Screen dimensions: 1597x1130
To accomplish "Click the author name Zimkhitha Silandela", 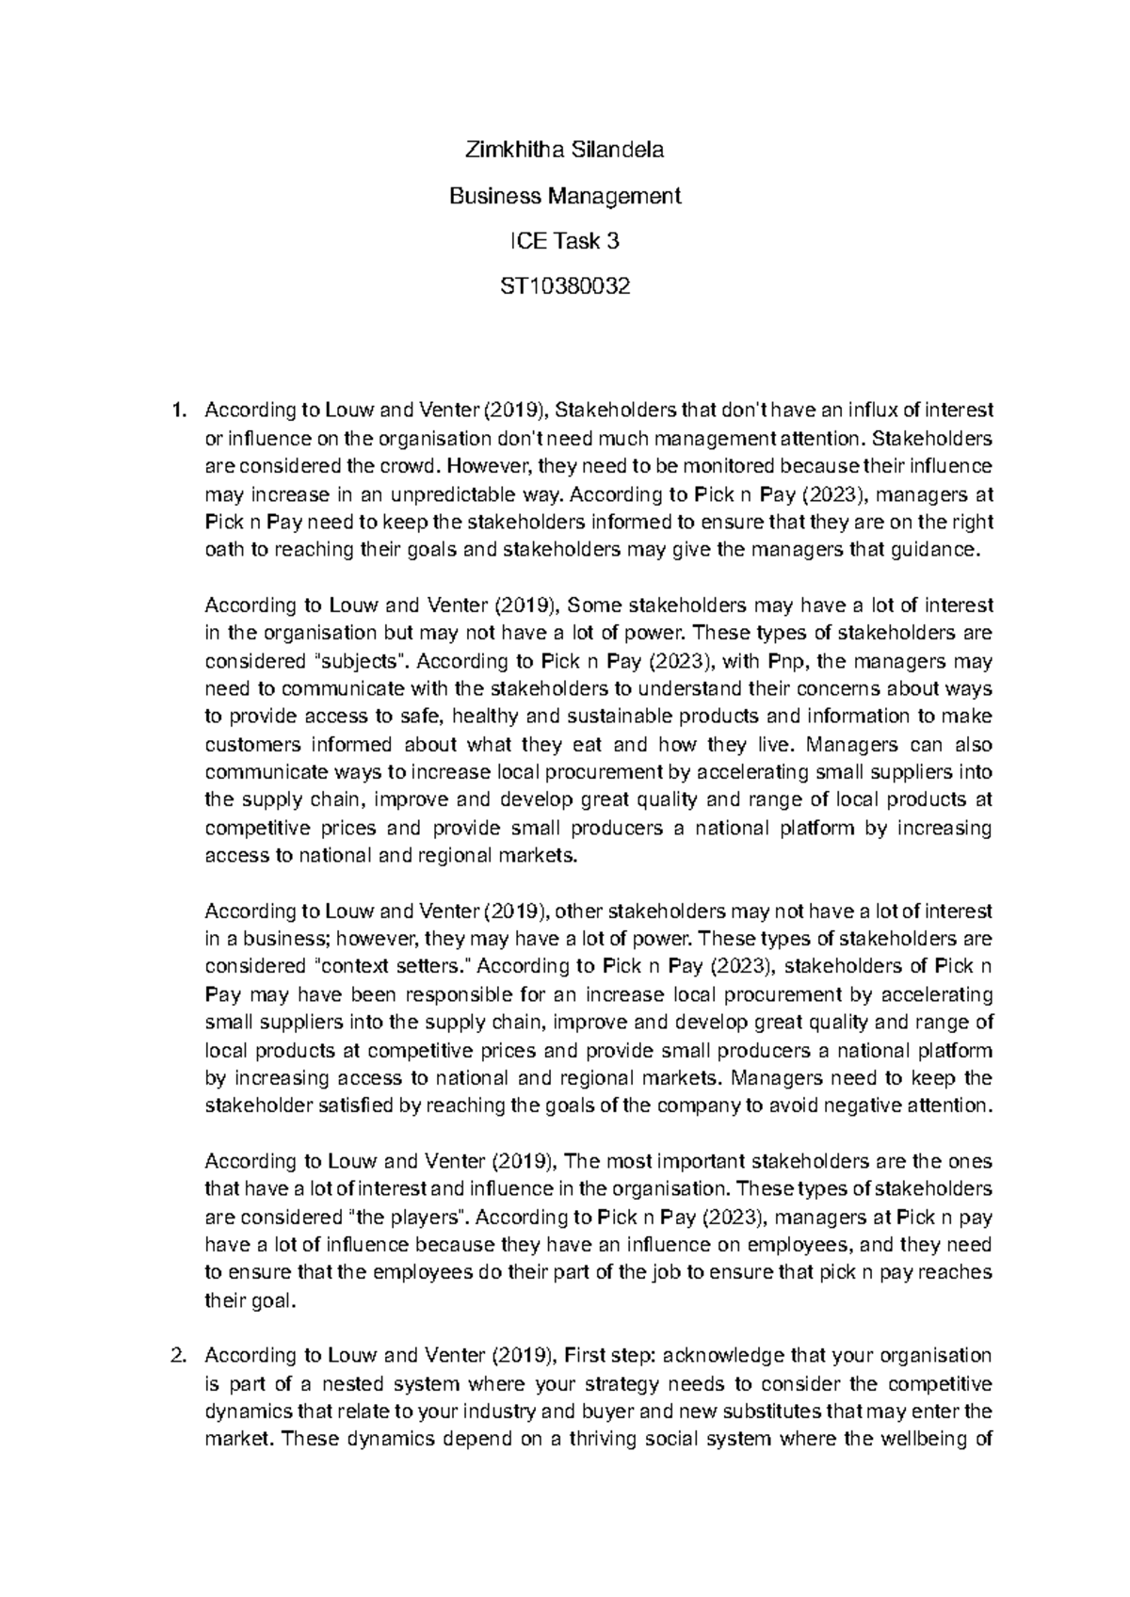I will coord(564,150).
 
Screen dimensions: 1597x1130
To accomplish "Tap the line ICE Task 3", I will coord(564,241).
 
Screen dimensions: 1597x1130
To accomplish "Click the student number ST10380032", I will coord(564,286).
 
